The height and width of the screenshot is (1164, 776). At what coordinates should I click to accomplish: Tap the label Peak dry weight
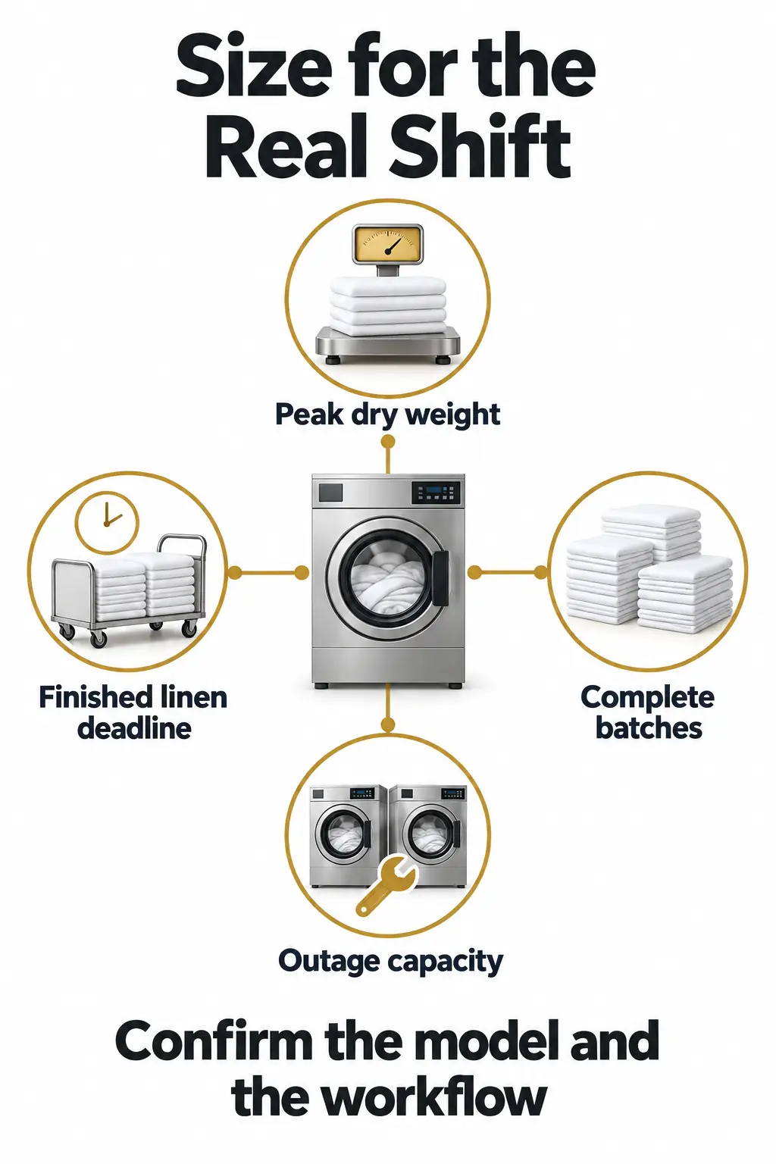[x=388, y=415]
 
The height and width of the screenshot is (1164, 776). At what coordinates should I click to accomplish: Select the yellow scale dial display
[x=388, y=243]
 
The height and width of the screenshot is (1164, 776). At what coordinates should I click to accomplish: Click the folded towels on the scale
[x=388, y=305]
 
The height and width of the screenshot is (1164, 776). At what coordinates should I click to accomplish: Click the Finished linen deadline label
[x=133, y=712]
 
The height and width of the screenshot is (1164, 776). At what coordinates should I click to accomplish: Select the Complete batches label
[x=648, y=712]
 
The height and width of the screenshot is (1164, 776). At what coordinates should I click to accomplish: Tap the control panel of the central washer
[x=436, y=493]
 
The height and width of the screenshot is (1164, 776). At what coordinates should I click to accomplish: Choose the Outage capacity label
[x=391, y=962]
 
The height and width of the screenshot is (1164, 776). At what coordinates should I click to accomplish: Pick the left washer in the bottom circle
[x=349, y=836]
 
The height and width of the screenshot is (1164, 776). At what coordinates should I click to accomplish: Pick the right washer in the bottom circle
[x=427, y=836]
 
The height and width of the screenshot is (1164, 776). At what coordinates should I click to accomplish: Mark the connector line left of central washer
[x=268, y=573]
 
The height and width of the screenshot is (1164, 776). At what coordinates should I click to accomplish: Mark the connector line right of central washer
[x=508, y=573]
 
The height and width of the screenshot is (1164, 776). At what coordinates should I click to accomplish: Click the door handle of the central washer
[x=440, y=578]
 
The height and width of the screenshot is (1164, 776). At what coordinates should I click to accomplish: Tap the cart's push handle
[x=181, y=551]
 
